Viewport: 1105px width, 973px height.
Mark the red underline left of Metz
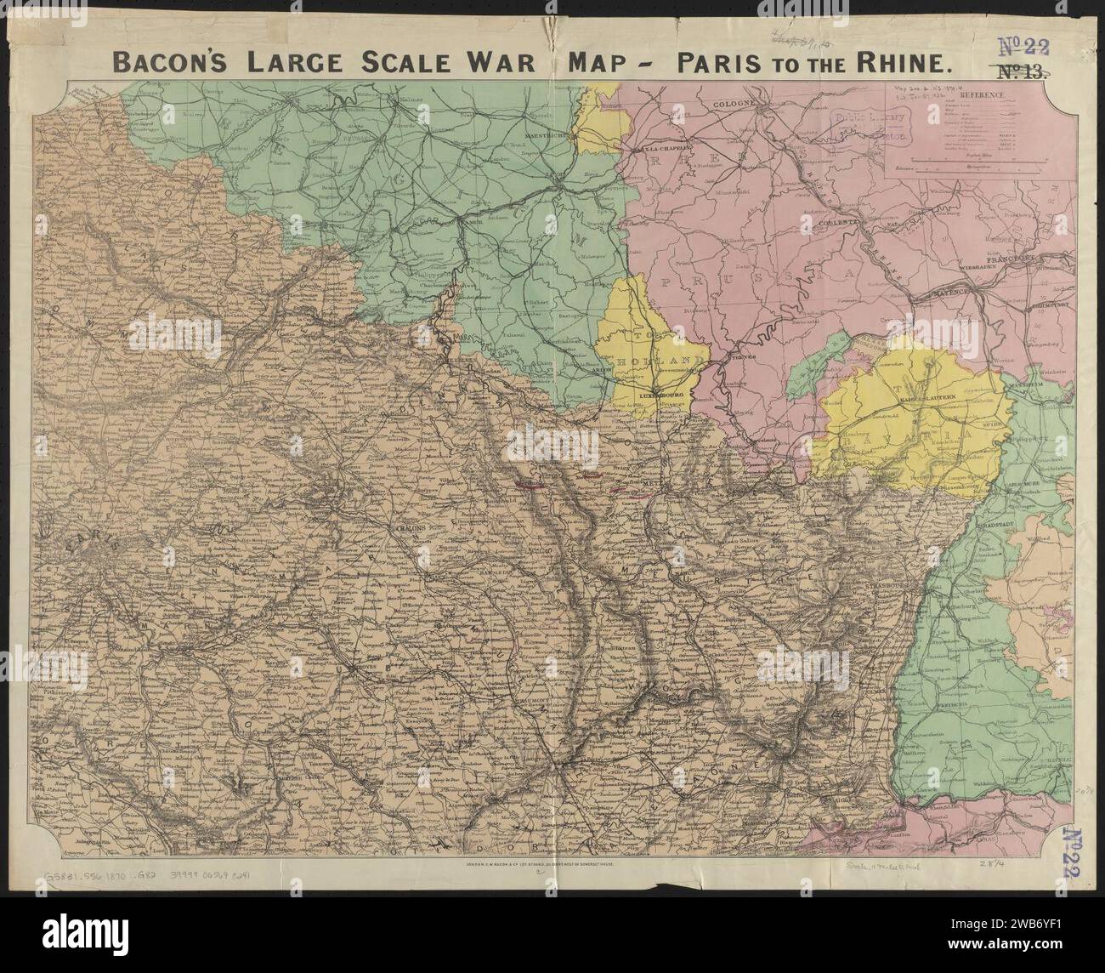[530, 486]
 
